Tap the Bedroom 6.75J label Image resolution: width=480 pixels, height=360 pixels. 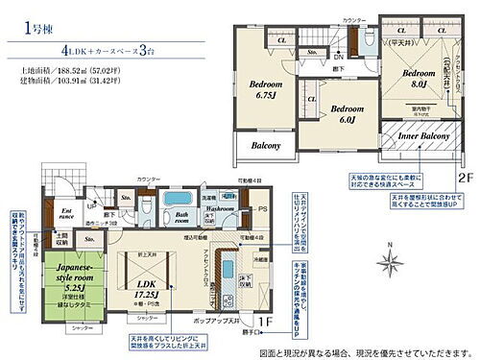[x=266, y=88]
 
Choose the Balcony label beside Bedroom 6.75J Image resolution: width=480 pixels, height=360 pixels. [x=266, y=146]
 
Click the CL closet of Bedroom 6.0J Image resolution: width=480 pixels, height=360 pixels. [x=313, y=95]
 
